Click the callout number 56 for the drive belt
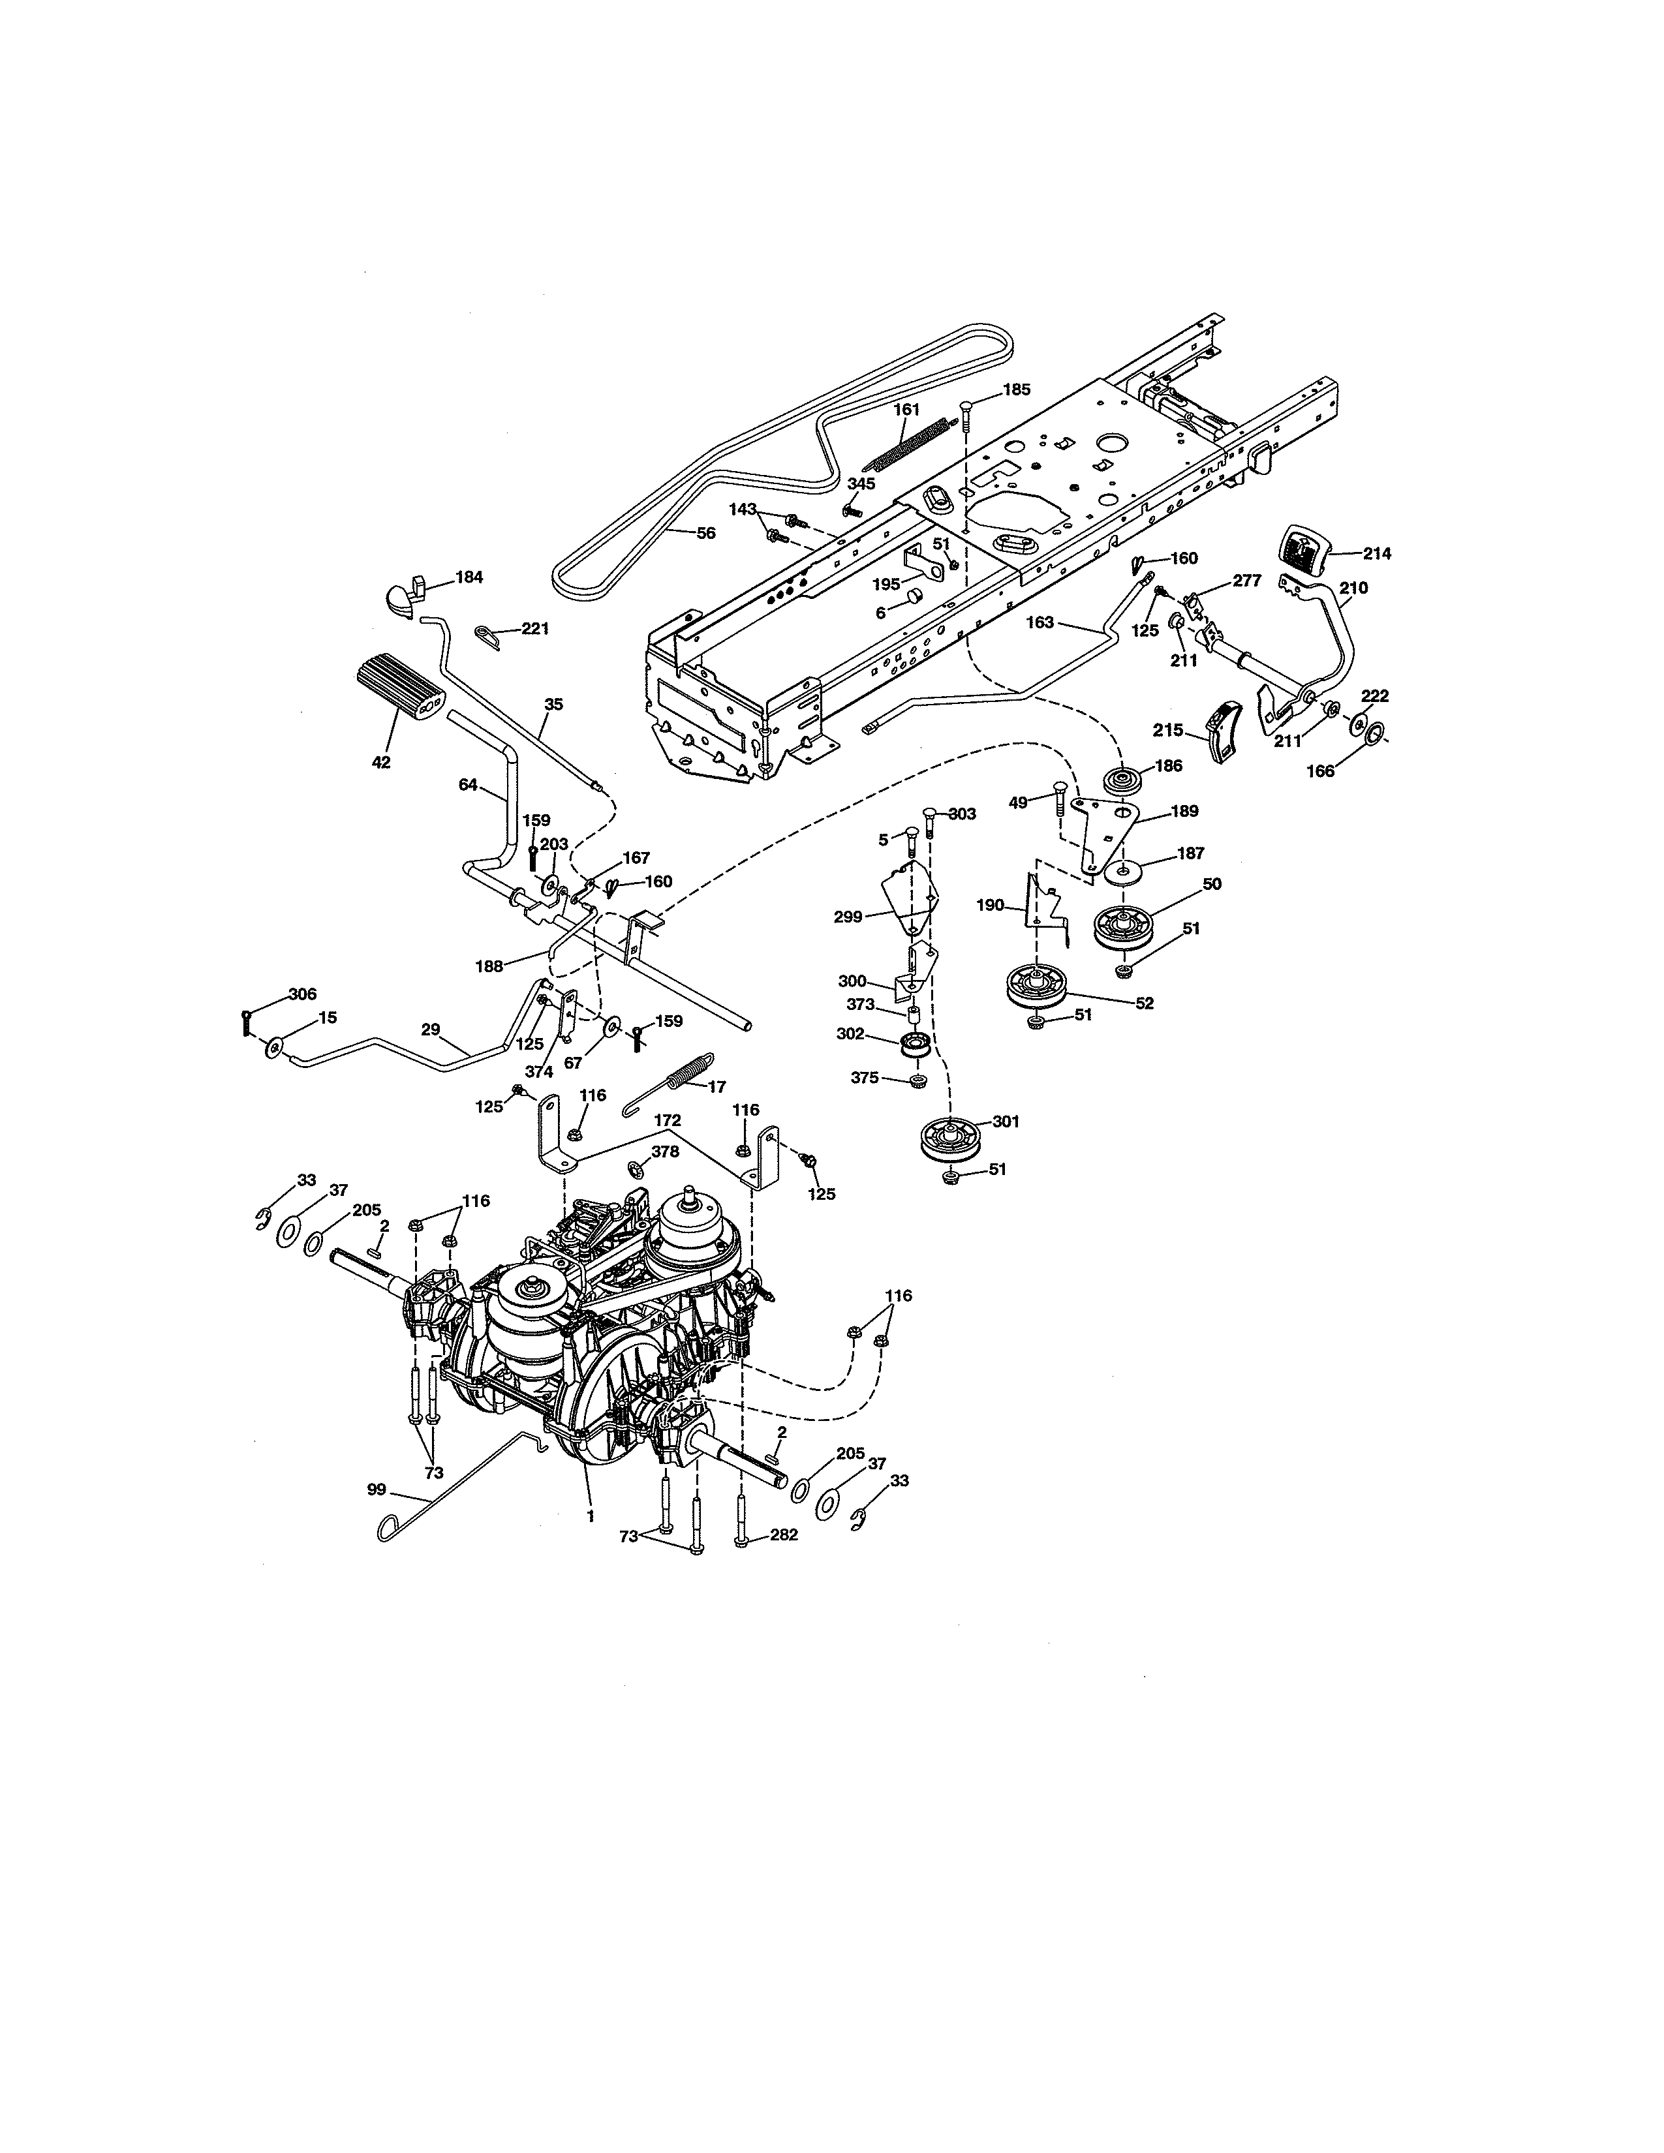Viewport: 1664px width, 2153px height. [706, 532]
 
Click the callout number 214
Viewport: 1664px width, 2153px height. [1376, 554]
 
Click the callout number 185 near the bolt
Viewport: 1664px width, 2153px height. [1016, 389]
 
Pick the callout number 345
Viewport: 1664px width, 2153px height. [861, 484]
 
